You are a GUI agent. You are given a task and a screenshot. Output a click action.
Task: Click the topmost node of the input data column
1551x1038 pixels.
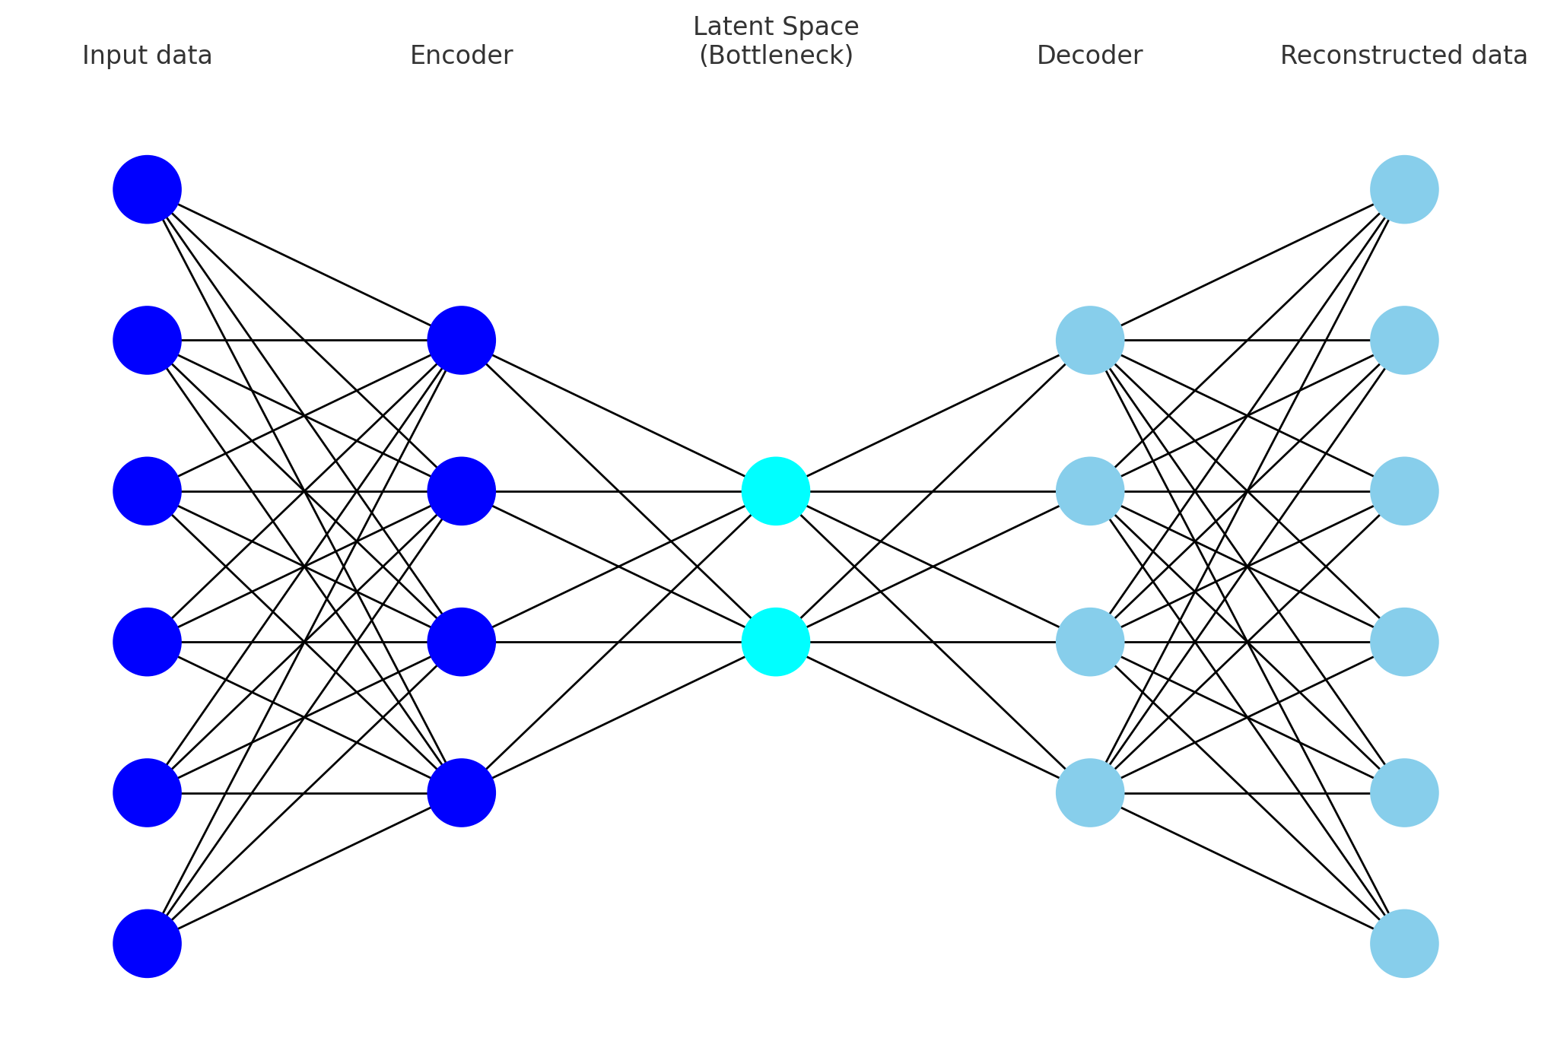tap(147, 189)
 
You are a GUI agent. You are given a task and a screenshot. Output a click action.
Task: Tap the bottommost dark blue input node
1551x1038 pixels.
tap(147, 943)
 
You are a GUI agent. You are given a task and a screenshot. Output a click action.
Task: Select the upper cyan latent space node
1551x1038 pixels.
tap(775, 490)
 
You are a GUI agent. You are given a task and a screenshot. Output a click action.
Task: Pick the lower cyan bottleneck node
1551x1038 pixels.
tap(775, 642)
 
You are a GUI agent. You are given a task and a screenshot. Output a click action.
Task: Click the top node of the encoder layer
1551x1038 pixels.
tap(461, 340)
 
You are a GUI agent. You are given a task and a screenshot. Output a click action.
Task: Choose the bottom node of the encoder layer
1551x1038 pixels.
tap(461, 792)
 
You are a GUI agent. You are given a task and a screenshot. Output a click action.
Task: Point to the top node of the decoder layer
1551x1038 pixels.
tap(1089, 340)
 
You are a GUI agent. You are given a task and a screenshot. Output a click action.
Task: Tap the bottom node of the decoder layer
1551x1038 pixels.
tap(1089, 792)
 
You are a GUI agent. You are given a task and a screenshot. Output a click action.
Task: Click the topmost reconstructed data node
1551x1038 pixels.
tap(1403, 189)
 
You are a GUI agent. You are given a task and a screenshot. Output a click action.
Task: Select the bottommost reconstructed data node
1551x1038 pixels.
tap(1403, 943)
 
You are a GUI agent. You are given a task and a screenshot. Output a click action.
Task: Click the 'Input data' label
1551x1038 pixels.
tap(147, 56)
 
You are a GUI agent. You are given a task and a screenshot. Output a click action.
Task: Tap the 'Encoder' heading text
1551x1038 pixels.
tap(461, 56)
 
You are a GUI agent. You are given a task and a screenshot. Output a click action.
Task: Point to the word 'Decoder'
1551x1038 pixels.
tap(1089, 56)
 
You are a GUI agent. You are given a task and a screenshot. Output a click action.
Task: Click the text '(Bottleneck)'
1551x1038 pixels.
tap(775, 56)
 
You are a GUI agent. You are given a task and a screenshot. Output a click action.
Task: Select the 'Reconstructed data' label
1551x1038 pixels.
tap(1403, 56)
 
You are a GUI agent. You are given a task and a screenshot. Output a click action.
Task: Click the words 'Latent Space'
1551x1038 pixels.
tap(775, 27)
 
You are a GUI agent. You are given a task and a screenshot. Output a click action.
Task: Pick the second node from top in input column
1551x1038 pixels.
tap(147, 340)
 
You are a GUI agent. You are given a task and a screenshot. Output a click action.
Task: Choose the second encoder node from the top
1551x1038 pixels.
tap(461, 490)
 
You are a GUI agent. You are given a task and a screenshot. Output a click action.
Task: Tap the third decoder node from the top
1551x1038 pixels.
tap(1089, 642)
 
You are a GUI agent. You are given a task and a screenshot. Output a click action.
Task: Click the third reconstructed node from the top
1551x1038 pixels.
tap(1403, 490)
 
